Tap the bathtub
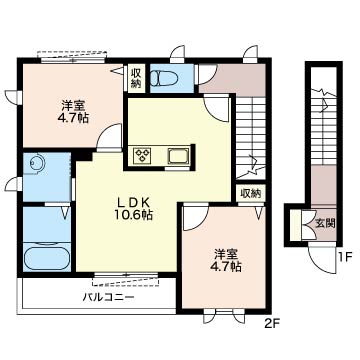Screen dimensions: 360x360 (x=47, y=256)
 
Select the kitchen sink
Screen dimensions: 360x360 (x=179, y=156)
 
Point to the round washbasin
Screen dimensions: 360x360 (x=35, y=163)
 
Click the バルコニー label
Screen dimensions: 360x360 (x=109, y=296)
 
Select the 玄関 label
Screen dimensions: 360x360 (x=325, y=224)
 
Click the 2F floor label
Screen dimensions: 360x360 (x=273, y=323)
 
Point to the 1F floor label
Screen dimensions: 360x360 (x=345, y=257)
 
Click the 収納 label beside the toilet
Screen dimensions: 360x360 (x=135, y=78)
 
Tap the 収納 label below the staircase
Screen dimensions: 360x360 (x=251, y=193)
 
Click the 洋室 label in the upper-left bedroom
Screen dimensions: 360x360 (x=73, y=106)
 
